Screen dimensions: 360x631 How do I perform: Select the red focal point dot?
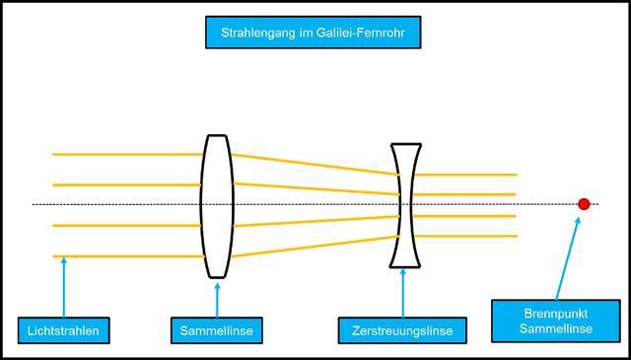(x=584, y=204)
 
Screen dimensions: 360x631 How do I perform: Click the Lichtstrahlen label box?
(x=63, y=329)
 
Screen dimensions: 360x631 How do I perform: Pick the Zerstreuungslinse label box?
(x=402, y=329)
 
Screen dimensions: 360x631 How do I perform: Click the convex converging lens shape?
(x=217, y=205)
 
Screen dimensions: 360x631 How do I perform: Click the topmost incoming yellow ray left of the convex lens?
(x=128, y=154)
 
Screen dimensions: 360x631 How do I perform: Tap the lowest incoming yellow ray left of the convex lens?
(x=128, y=256)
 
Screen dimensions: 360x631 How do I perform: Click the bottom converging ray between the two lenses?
(x=315, y=246)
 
